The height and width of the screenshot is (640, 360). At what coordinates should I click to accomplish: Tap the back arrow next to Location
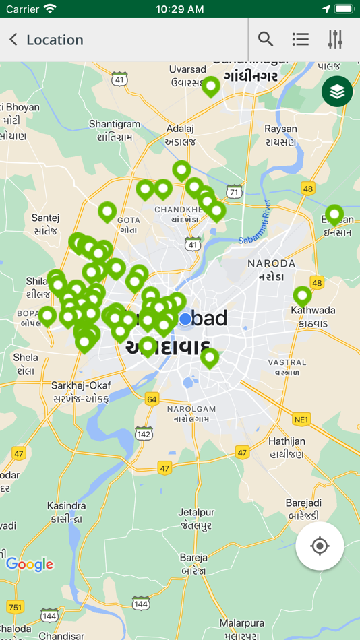(13, 40)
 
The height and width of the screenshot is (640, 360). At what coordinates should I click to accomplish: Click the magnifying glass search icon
(266, 40)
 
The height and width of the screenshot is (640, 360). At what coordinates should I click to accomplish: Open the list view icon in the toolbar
(301, 40)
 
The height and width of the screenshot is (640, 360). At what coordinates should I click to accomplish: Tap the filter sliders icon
(335, 40)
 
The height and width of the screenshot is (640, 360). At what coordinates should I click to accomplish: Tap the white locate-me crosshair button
(320, 546)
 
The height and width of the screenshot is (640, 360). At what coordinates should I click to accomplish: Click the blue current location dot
(185, 319)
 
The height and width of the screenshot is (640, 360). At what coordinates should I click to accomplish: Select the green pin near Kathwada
(302, 295)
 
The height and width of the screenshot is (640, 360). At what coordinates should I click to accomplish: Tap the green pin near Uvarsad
(211, 86)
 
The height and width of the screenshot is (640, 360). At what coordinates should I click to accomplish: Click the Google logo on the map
(29, 565)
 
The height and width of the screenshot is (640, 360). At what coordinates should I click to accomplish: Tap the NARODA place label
(272, 263)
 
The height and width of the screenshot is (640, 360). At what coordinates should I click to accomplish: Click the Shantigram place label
(115, 124)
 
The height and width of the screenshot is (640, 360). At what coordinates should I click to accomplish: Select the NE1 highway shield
(301, 420)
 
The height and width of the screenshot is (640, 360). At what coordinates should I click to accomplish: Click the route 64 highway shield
(152, 399)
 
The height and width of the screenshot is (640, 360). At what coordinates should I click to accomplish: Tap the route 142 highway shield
(144, 433)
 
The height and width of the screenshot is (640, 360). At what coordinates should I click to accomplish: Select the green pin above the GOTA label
(107, 212)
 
